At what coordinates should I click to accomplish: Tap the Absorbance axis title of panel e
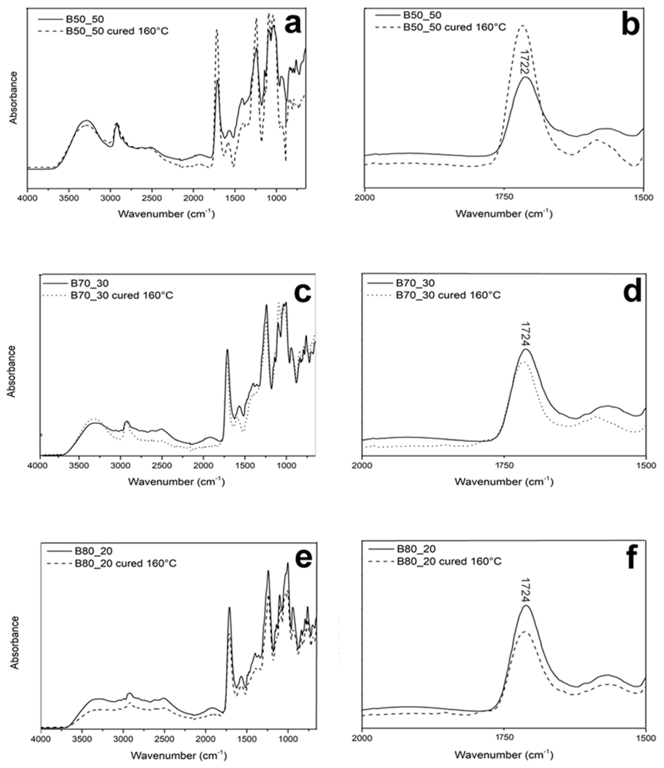click(14, 642)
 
